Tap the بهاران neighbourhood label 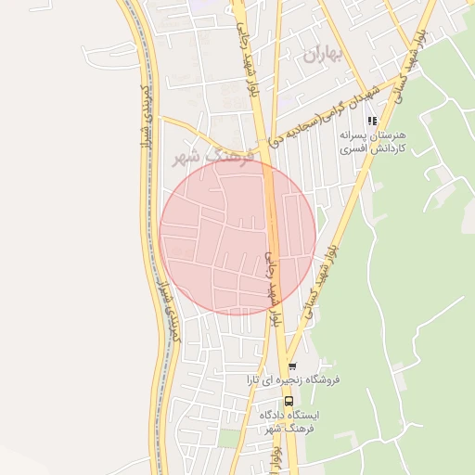click(x=322, y=54)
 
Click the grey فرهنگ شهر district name click(x=207, y=157)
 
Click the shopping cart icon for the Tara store click(x=292, y=366)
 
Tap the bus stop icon click(x=289, y=401)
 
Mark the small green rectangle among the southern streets click(x=229, y=437)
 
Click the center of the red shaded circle click(x=237, y=237)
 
